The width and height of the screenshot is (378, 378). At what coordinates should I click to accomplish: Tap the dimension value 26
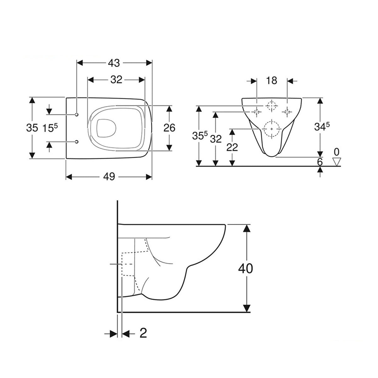pos(169,128)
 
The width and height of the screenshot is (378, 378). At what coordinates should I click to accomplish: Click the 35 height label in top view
pos(32,128)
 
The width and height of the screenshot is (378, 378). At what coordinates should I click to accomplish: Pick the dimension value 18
pos(271,81)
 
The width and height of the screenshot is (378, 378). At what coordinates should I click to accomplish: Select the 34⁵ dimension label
pos(322,127)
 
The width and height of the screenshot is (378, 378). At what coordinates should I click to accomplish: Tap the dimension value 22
pos(232,147)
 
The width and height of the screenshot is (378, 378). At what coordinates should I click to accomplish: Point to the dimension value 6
pos(320,162)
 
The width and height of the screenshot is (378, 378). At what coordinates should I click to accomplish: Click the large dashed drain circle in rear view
pos(272,129)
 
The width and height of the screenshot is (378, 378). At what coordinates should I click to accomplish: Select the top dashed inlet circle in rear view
pos(272,105)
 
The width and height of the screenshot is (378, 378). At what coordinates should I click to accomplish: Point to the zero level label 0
pos(337,152)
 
